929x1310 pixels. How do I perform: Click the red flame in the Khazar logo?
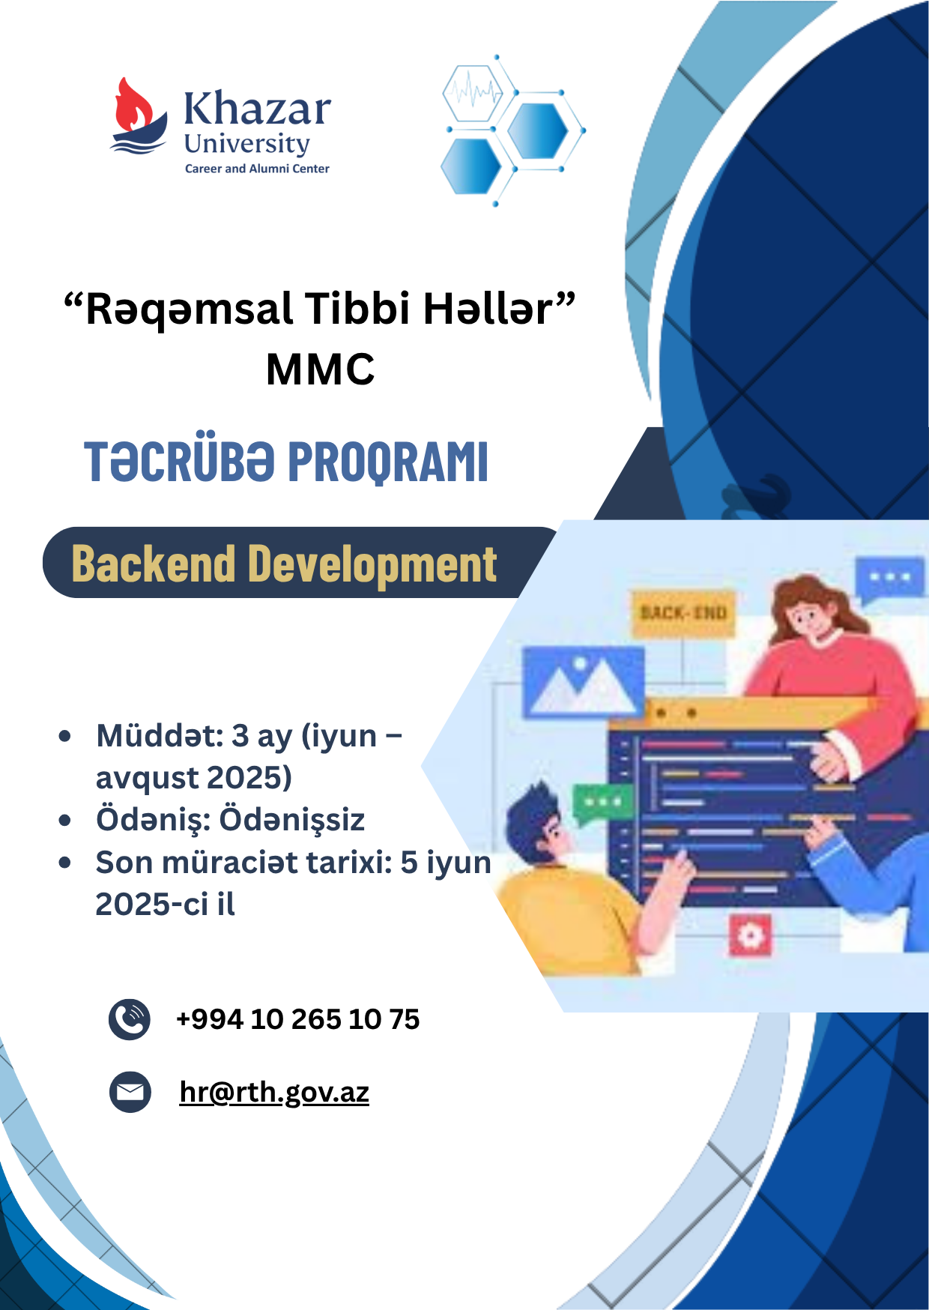click(135, 105)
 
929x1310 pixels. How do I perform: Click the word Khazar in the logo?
click(257, 109)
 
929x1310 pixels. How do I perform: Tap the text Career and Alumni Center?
click(257, 169)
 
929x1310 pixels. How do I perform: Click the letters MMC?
click(321, 369)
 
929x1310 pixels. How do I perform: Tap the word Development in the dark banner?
click(372, 565)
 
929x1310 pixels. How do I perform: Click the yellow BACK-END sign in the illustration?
click(683, 612)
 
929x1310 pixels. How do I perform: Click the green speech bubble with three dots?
click(602, 804)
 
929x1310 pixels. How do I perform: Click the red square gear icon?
click(750, 935)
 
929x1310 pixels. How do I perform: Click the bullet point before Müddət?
click(65, 736)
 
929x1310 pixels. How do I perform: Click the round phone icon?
click(130, 1019)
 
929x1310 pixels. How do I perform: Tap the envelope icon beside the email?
click(130, 1092)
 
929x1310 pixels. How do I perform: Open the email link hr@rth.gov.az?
click(274, 1093)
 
